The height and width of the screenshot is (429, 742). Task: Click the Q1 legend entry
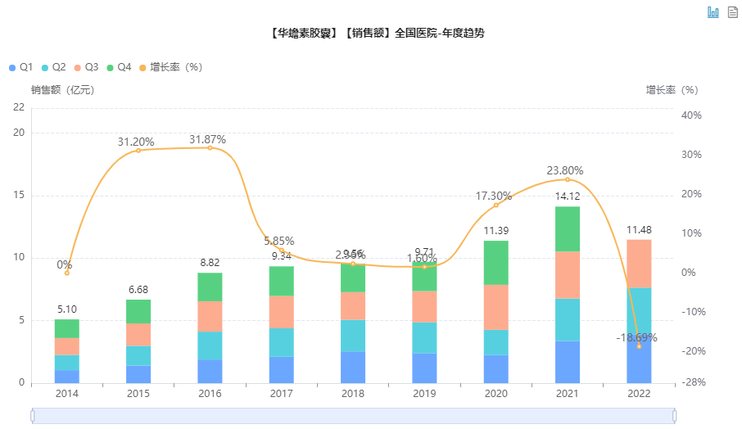pyautogui.click(x=20, y=67)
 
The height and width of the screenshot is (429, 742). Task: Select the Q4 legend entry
pyautogui.click(x=119, y=67)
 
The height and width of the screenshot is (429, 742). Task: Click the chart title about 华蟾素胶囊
pyautogui.click(x=375, y=34)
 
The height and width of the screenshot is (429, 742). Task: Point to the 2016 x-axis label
pyautogui.click(x=210, y=394)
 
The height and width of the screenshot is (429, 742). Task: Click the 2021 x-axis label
pyautogui.click(x=568, y=394)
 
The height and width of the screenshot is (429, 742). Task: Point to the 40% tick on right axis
pyautogui.click(x=691, y=115)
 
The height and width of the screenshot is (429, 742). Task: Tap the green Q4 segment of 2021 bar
pyautogui.click(x=568, y=228)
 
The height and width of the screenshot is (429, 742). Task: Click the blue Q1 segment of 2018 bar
pyautogui.click(x=353, y=368)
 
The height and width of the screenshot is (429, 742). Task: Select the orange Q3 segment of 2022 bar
pyautogui.click(x=639, y=264)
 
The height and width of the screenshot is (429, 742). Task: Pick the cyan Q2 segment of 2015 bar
pyautogui.click(x=138, y=355)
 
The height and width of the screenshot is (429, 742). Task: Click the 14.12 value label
pyautogui.click(x=568, y=196)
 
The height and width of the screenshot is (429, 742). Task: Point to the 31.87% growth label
pyautogui.click(x=207, y=140)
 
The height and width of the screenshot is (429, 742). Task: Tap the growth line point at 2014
pyautogui.click(x=67, y=273)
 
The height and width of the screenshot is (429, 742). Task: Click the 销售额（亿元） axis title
pyautogui.click(x=63, y=90)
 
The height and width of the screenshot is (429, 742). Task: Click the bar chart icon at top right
pyautogui.click(x=713, y=12)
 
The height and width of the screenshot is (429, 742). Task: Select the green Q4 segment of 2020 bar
pyautogui.click(x=495, y=262)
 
